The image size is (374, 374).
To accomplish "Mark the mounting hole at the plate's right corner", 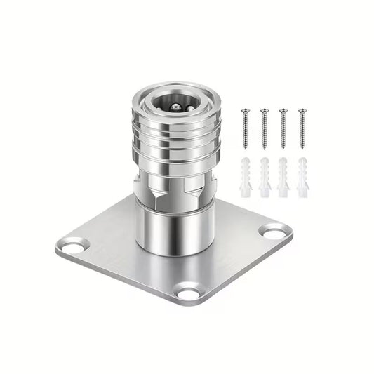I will point(274,229).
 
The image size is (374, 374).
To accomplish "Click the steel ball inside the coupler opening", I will point(177,107).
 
